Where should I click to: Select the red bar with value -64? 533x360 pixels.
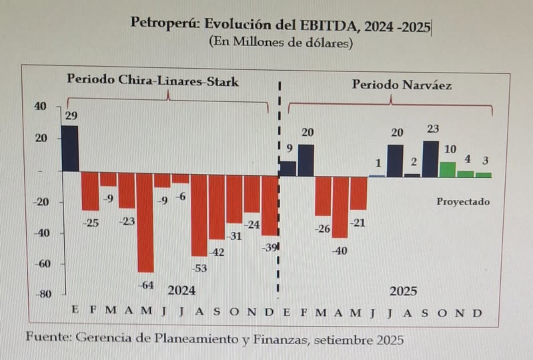click(145, 223)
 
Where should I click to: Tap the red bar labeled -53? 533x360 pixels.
click(199, 215)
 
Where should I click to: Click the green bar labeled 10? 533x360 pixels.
click(448, 169)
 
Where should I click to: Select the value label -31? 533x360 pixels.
click(235, 236)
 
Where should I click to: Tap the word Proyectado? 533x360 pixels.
click(463, 201)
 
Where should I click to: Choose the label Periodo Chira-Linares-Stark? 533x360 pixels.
click(153, 79)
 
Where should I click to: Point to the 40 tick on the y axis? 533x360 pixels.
click(41, 107)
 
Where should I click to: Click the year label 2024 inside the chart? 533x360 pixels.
click(181, 290)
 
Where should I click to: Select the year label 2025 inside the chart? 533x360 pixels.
click(404, 291)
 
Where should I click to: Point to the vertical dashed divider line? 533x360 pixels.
click(279, 200)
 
